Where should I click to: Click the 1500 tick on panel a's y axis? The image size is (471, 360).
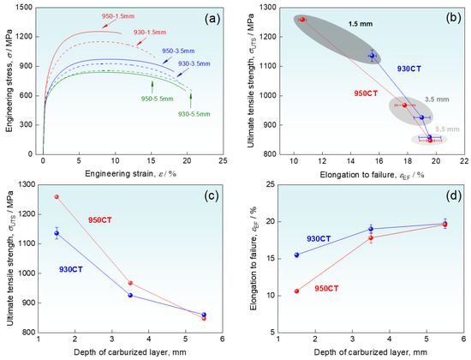coord(27,8)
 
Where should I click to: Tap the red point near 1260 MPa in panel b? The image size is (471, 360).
coord(301,19)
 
